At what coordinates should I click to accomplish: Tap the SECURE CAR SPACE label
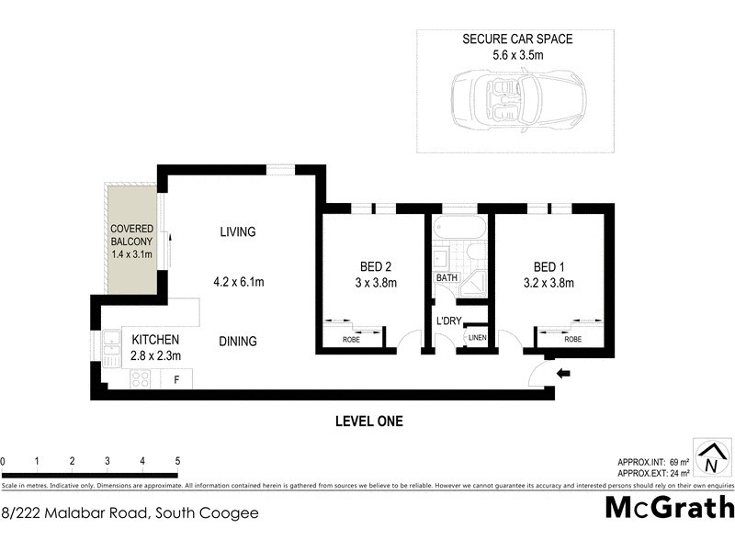(x=517, y=39)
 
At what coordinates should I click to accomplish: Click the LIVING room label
(x=237, y=231)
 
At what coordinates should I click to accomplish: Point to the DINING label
(x=237, y=341)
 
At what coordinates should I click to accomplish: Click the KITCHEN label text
(x=149, y=339)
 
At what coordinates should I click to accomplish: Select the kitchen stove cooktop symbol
(x=141, y=377)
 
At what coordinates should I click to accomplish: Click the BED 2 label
(x=377, y=267)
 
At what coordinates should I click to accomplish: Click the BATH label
(x=447, y=277)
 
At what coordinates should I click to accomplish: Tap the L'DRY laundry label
(x=449, y=320)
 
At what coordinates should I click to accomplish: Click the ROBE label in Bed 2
(x=352, y=339)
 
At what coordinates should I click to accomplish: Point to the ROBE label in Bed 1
(x=572, y=339)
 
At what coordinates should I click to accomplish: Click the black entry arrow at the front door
(x=564, y=373)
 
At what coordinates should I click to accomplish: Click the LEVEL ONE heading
(x=367, y=422)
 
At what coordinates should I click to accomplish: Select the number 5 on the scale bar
(x=177, y=461)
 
